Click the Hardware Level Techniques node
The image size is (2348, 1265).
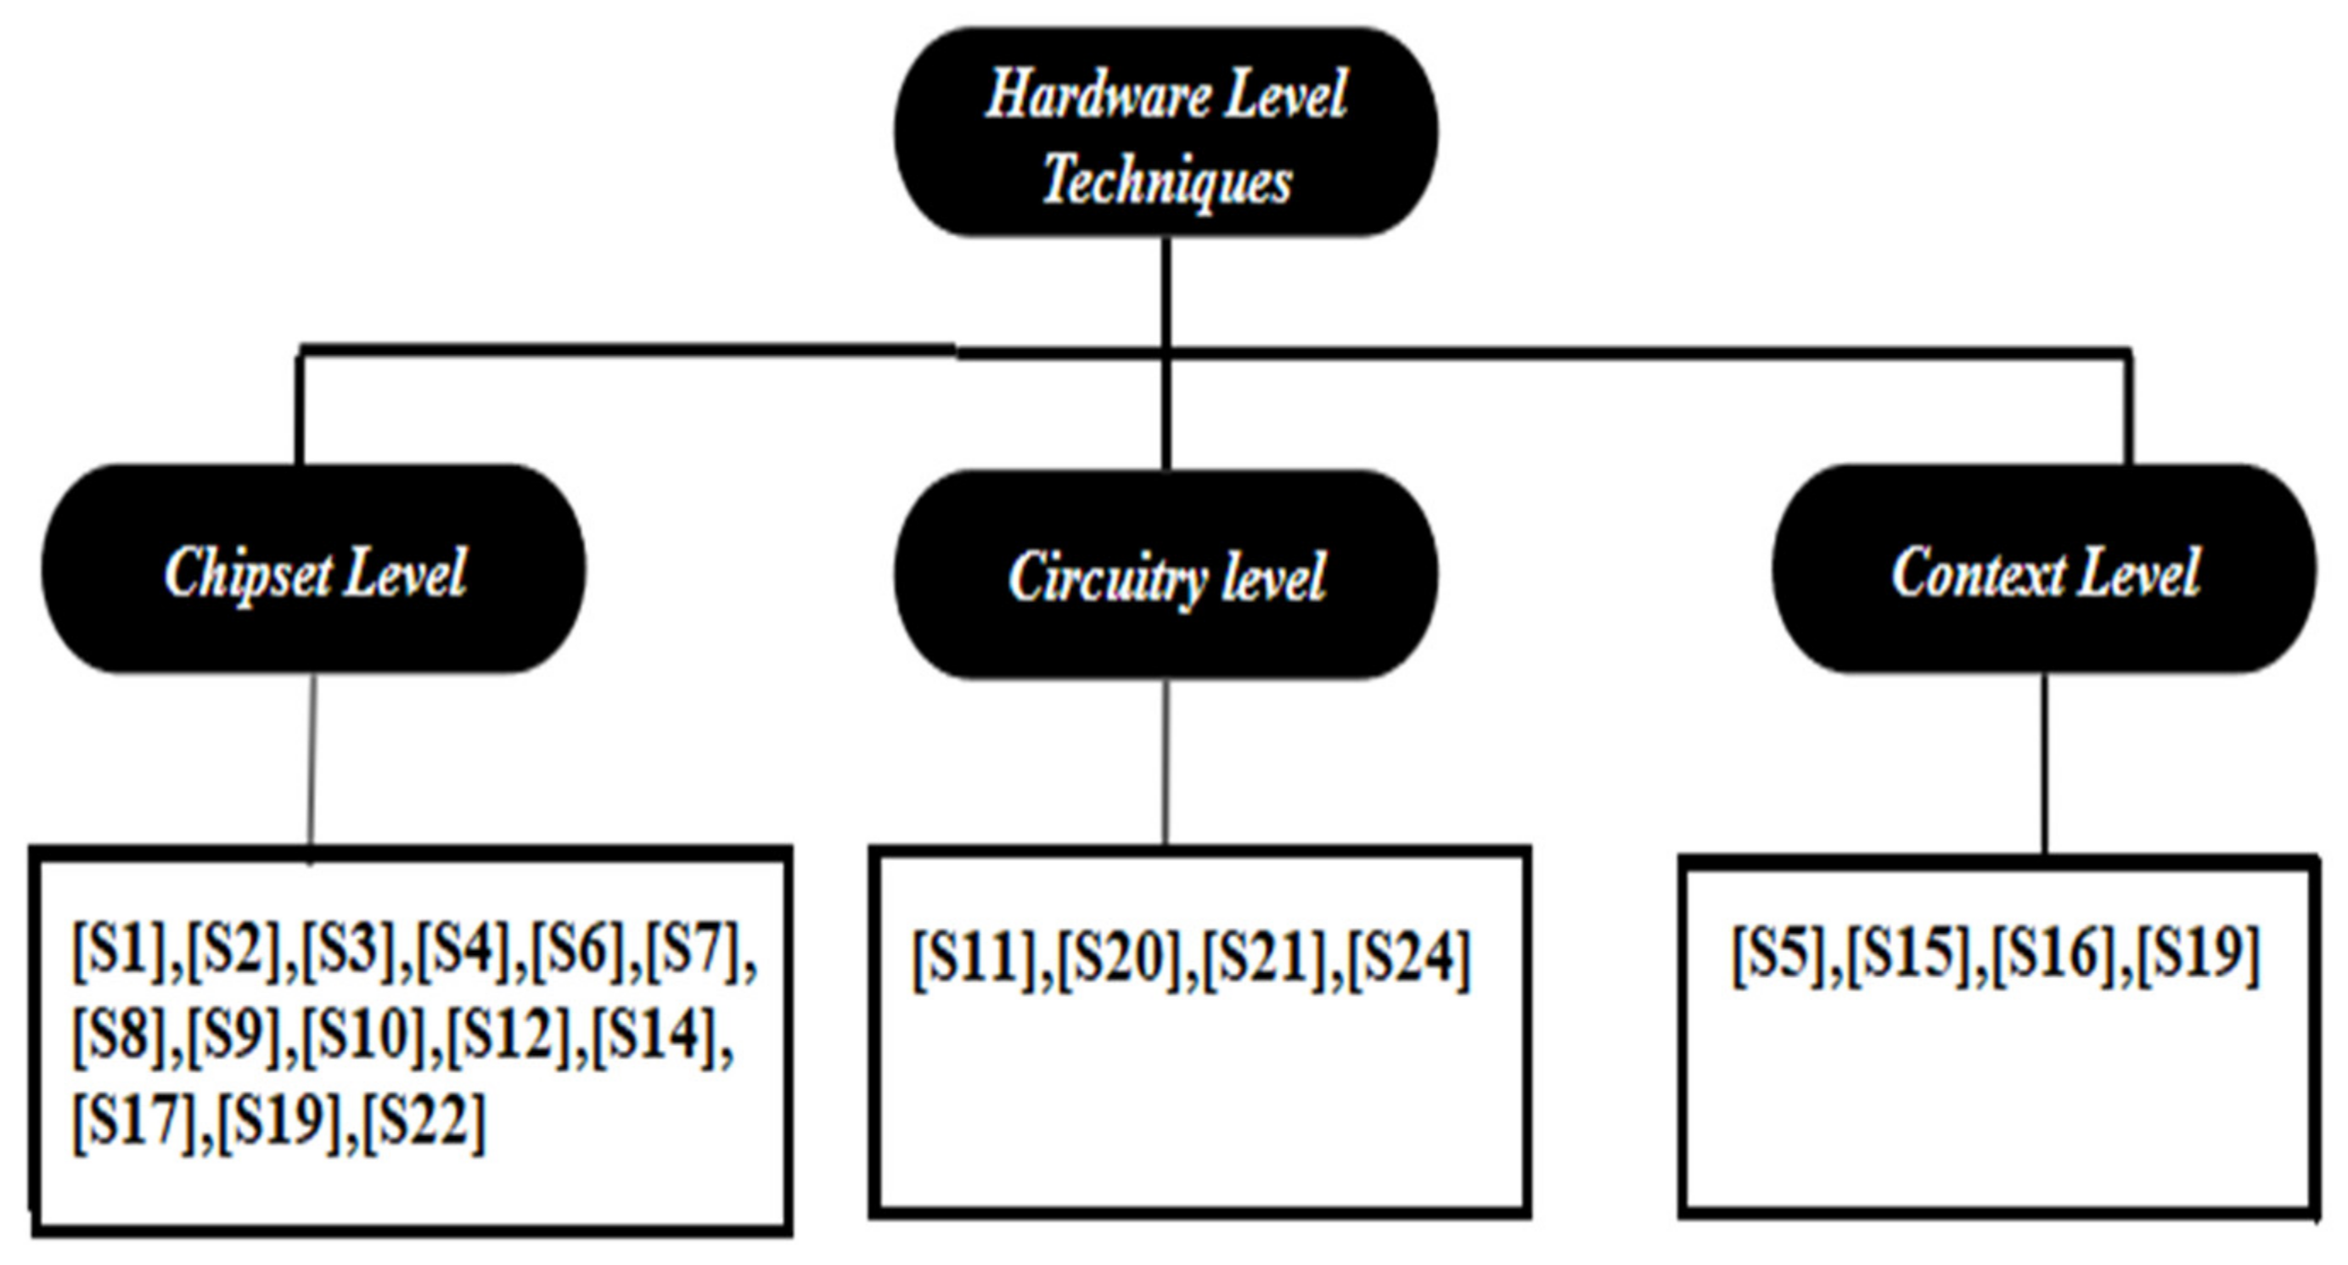pos(1166,133)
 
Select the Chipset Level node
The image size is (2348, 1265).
pos(314,571)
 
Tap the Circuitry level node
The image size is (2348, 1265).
pos(1166,575)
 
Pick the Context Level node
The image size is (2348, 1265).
pos(2044,571)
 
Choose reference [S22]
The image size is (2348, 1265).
pos(424,1121)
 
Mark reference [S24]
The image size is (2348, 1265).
pos(1409,959)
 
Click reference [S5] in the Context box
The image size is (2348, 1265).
pos(1779,953)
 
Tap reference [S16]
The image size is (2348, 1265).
pos(2054,953)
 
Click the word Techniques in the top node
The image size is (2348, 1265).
pos(1166,178)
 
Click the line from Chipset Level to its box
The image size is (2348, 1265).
pos(312,761)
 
